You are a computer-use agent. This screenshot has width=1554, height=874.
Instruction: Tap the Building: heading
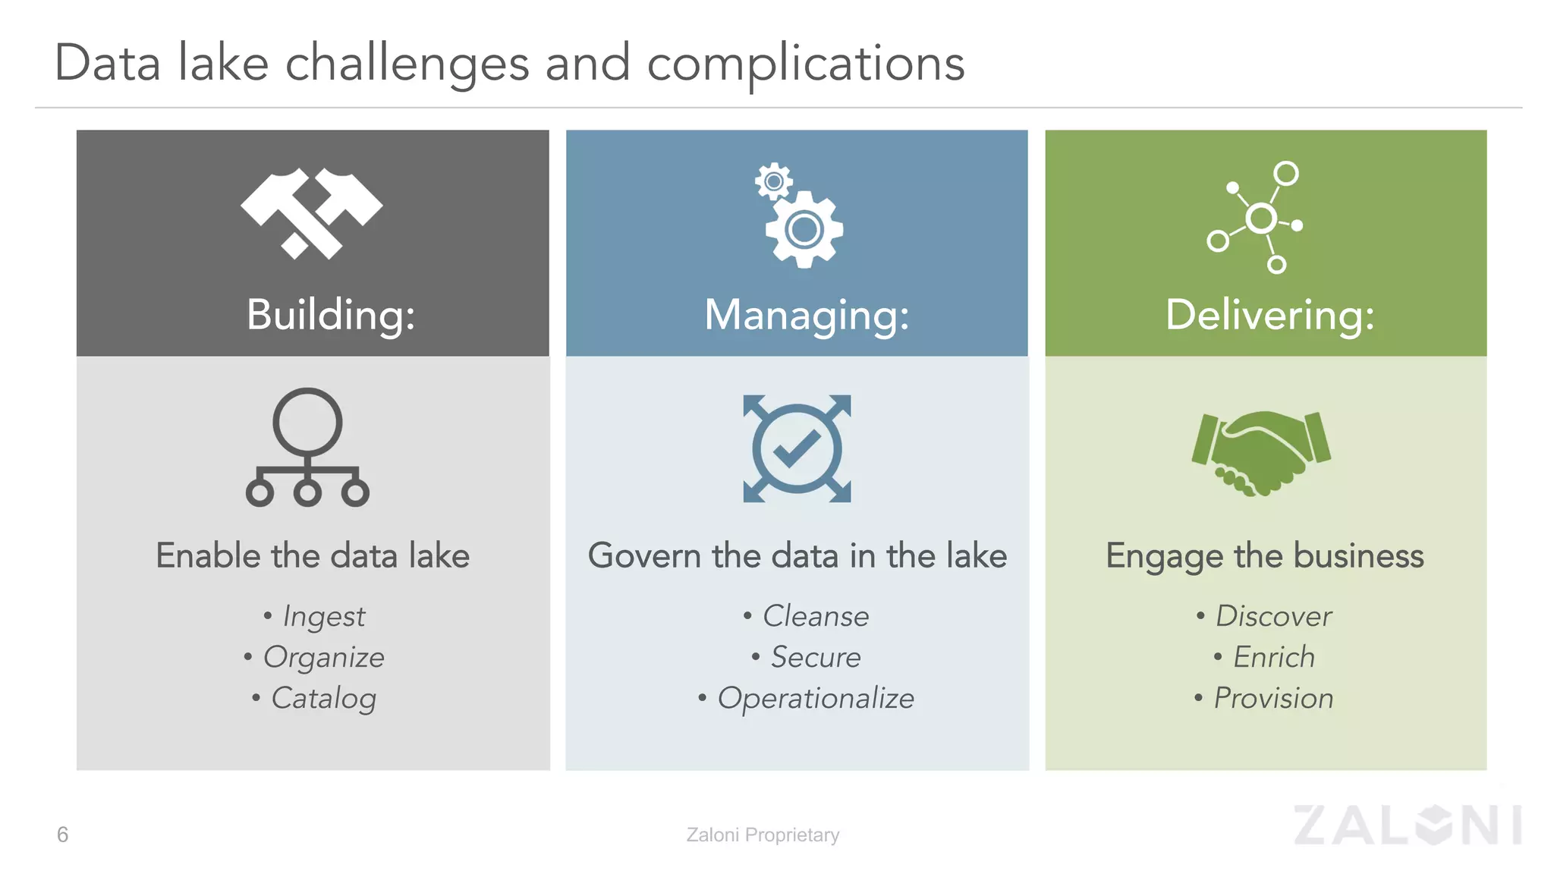(331, 314)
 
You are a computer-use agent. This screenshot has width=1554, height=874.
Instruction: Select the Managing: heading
(807, 314)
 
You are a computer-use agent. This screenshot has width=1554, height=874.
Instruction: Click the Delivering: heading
(1269, 314)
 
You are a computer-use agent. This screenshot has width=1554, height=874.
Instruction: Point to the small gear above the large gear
(773, 181)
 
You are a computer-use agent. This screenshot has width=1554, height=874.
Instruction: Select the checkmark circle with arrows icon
(797, 448)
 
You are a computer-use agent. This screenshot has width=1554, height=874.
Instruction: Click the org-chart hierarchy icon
(307, 448)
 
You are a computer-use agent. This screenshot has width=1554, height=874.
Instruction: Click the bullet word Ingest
(324, 616)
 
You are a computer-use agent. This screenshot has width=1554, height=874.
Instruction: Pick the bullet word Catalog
(324, 698)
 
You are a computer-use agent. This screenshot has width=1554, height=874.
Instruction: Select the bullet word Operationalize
(816, 698)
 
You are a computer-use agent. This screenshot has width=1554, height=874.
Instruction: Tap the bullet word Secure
(816, 657)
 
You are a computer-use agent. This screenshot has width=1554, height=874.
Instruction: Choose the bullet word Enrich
(1273, 657)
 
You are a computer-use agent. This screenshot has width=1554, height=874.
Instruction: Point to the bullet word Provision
(1273, 698)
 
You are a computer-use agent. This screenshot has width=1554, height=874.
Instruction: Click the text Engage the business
(1264, 555)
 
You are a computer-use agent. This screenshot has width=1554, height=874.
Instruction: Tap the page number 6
(62, 835)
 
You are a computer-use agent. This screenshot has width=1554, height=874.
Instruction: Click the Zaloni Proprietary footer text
(763, 835)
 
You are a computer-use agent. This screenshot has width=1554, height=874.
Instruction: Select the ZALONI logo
(1408, 825)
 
